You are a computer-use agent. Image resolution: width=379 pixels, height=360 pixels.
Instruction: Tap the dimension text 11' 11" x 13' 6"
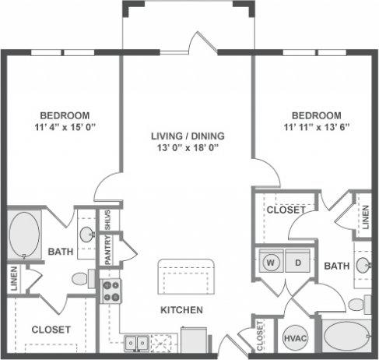coord(311,127)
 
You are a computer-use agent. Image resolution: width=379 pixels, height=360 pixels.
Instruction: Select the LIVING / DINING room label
coord(185,136)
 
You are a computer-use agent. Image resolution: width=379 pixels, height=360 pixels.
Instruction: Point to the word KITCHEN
coord(181,310)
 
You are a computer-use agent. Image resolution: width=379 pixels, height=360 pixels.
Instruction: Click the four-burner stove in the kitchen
coord(111,291)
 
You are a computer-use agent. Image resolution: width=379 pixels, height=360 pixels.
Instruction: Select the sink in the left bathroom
coord(86,234)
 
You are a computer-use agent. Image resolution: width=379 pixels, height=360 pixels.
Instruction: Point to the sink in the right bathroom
coord(363,264)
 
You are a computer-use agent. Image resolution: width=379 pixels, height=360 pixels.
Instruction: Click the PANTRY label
coord(109,249)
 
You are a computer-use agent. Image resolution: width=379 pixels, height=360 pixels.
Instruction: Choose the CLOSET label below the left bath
coord(51,330)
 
